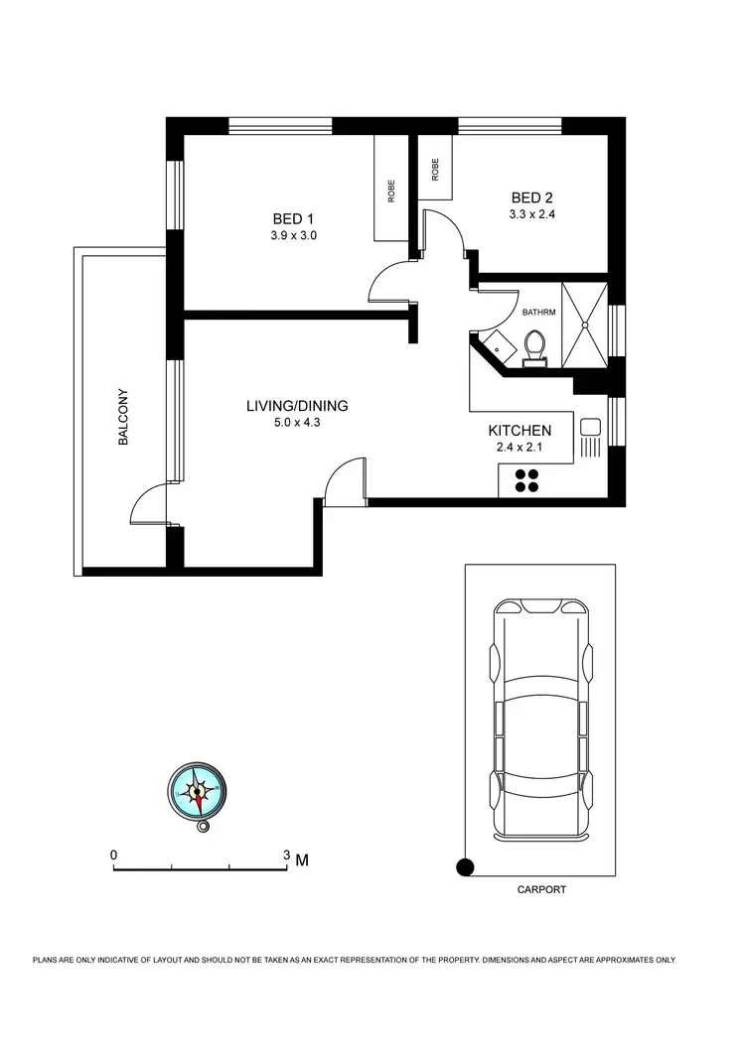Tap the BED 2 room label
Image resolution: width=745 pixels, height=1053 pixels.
[x=525, y=198]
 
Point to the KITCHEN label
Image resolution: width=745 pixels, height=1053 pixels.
[x=520, y=431]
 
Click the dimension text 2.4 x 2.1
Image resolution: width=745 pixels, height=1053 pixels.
[x=520, y=449]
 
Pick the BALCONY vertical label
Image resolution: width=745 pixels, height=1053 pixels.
[x=124, y=416]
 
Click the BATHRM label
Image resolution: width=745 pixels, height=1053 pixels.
[x=538, y=313]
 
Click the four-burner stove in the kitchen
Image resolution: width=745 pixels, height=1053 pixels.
[x=525, y=480]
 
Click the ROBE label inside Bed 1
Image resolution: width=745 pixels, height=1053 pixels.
[x=391, y=190]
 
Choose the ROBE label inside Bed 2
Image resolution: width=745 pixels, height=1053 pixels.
[x=435, y=169]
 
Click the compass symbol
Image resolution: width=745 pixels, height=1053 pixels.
[x=197, y=792]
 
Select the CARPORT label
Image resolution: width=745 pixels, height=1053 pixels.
[x=541, y=890]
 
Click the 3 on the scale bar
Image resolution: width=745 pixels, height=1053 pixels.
[x=286, y=855]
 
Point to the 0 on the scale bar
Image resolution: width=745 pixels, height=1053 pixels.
[x=114, y=855]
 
